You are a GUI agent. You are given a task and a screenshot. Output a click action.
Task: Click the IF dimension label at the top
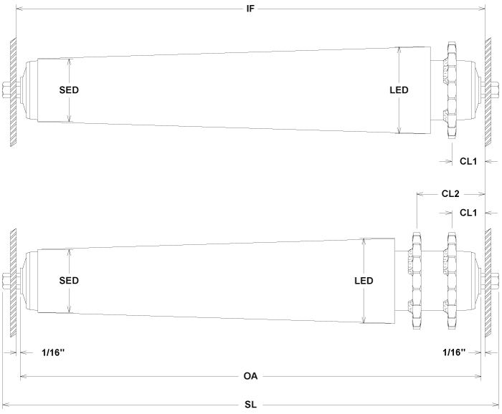point(251,9)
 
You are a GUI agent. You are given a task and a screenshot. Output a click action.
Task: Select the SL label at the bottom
point(251,405)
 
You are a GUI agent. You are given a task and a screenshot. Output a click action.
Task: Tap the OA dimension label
point(251,375)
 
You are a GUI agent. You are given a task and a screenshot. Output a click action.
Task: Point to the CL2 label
point(450,193)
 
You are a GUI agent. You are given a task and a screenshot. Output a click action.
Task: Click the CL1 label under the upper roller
point(468,162)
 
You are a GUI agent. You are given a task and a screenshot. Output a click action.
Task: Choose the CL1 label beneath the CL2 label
point(468,213)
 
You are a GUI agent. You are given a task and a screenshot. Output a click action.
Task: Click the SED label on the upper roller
point(69,90)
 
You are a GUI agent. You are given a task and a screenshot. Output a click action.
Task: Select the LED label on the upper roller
point(399,90)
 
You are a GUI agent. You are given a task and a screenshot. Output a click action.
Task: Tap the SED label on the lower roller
point(69,281)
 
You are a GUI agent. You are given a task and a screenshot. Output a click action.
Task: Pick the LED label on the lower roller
point(364,281)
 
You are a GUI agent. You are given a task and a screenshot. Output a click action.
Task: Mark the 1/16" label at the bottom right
point(453,352)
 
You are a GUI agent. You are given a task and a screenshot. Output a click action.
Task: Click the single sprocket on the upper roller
point(451,90)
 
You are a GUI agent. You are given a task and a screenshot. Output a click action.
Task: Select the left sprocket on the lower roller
point(415,281)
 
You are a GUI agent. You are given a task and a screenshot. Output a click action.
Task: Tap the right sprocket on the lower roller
point(451,281)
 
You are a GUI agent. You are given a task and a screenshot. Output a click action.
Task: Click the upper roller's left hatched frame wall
point(13,90)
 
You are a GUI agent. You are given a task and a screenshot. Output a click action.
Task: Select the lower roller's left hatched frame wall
point(13,281)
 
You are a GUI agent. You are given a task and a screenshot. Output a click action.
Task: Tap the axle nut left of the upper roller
point(5,90)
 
